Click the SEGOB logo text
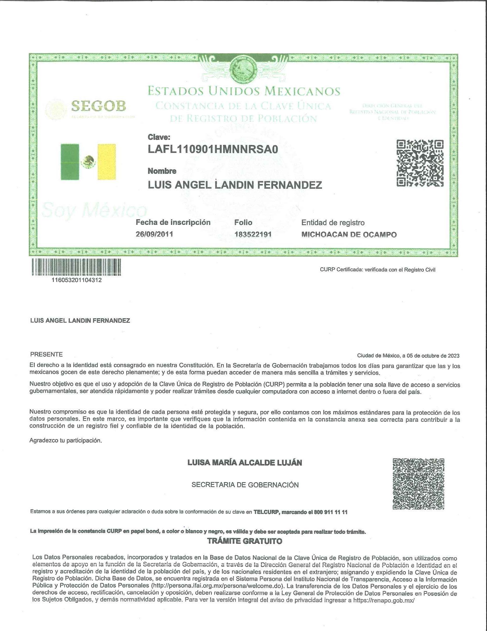pyautogui.click(x=98, y=106)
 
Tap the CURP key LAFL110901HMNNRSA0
pyautogui.click(x=213, y=149)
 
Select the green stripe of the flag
pyautogui.click(x=70, y=162)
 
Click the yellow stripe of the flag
pyautogui.click(x=107, y=162)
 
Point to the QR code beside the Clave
pyautogui.click(x=420, y=163)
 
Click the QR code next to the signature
pyautogui.click(x=418, y=484)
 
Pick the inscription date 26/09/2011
pyautogui.click(x=154, y=234)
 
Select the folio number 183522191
pyautogui.click(x=253, y=234)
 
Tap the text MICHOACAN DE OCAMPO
pyautogui.click(x=349, y=235)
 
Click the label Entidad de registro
pyautogui.click(x=333, y=223)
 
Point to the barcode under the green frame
pyautogui.click(x=76, y=267)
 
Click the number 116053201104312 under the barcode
pyautogui.click(x=76, y=280)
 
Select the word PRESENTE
pyautogui.click(x=46, y=355)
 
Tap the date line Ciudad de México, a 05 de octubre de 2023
pyautogui.click(x=408, y=356)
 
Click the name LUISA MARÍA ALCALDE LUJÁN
pyautogui.click(x=245, y=463)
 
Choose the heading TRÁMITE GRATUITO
pyautogui.click(x=245, y=541)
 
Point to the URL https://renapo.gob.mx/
pyautogui.click(x=384, y=600)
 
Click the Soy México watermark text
pyautogui.click(x=94, y=210)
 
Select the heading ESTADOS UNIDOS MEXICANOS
pyautogui.click(x=244, y=91)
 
